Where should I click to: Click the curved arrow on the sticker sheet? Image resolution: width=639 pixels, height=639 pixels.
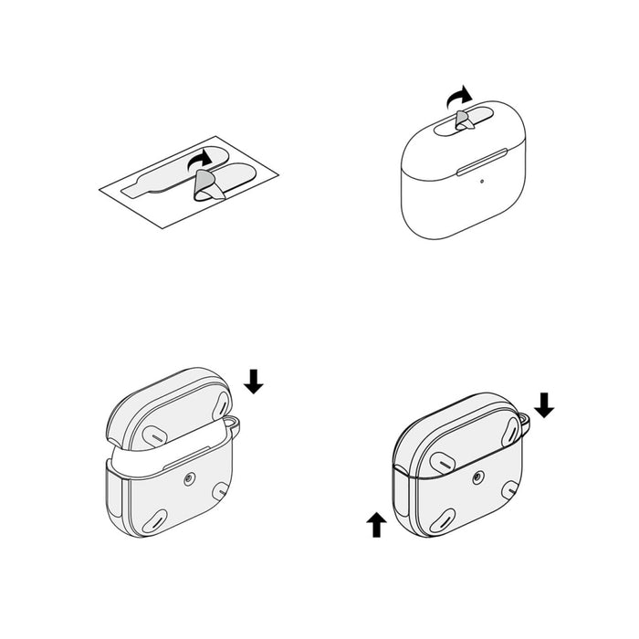199,160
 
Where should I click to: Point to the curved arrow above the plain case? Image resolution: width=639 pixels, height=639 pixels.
459,95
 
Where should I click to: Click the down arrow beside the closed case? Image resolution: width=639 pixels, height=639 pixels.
544,404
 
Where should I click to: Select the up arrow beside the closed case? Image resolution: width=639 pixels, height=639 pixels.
375,526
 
